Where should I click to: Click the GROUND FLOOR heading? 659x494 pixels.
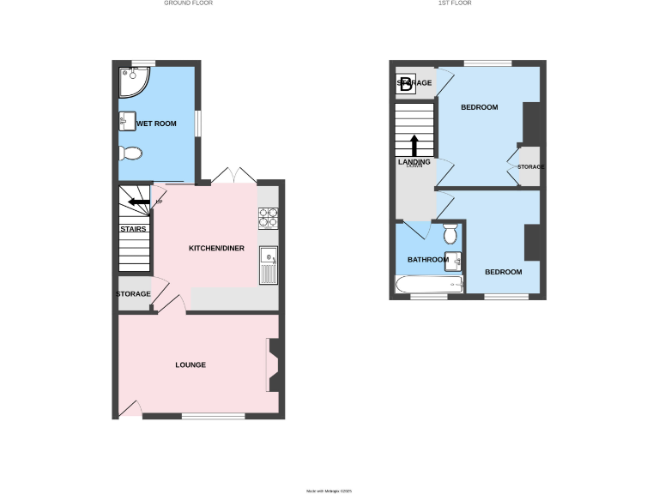[x=188, y=3]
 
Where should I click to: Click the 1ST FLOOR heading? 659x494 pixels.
[x=455, y=3]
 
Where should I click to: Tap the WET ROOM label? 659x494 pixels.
[x=155, y=123]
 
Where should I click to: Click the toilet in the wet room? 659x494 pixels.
[x=130, y=154]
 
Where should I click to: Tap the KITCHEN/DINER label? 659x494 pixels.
[x=216, y=249]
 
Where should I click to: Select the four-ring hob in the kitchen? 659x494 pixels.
[x=268, y=218]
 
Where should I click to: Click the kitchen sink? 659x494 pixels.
[x=268, y=265]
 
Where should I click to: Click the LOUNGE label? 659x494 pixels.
[x=190, y=364]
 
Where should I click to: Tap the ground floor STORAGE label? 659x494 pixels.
[x=133, y=294]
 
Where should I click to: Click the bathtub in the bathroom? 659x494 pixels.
[x=429, y=285]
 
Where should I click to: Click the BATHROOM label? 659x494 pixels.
[x=427, y=260]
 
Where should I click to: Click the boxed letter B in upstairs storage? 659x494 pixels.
[x=406, y=83]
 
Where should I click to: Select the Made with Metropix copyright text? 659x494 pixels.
[x=329, y=491]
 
